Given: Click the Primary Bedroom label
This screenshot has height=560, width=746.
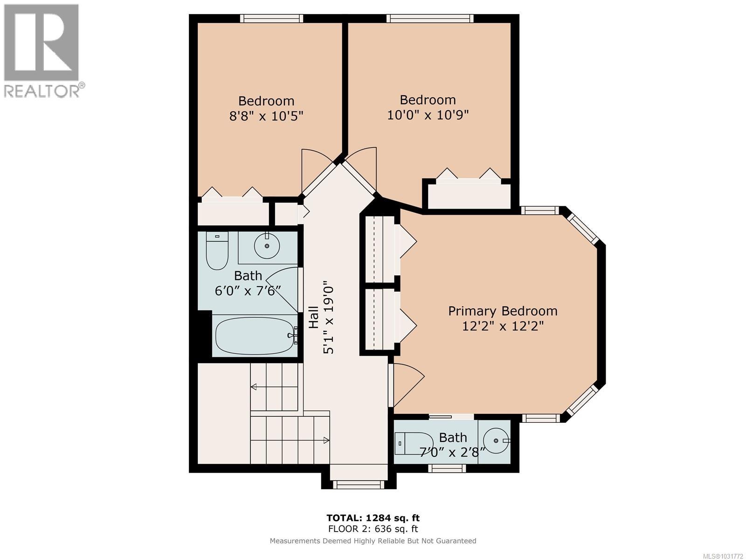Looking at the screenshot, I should tap(503, 311).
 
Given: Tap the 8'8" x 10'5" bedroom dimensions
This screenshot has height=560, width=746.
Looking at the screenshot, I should tap(266, 116).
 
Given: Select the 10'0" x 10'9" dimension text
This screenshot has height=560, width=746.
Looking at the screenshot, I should tap(428, 114).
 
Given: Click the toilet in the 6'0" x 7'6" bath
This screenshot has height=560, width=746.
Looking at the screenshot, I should tap(217, 252).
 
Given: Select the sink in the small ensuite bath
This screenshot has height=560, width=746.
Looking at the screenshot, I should tap(496, 441).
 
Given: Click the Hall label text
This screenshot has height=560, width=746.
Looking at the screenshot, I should tap(314, 317).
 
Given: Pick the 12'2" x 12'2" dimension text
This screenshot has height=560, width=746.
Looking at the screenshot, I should tap(503, 326).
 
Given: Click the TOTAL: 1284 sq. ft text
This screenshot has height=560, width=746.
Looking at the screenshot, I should tap(373, 518).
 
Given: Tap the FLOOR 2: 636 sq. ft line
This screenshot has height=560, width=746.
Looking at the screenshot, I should tap(373, 529).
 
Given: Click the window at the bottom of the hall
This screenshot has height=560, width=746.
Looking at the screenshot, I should tap(359, 485).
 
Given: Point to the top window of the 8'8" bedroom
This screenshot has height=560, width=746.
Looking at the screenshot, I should tap(271, 18).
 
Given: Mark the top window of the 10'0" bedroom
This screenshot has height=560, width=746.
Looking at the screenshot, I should tap(429, 18).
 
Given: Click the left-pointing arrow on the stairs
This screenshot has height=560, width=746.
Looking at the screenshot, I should tap(254, 386).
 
